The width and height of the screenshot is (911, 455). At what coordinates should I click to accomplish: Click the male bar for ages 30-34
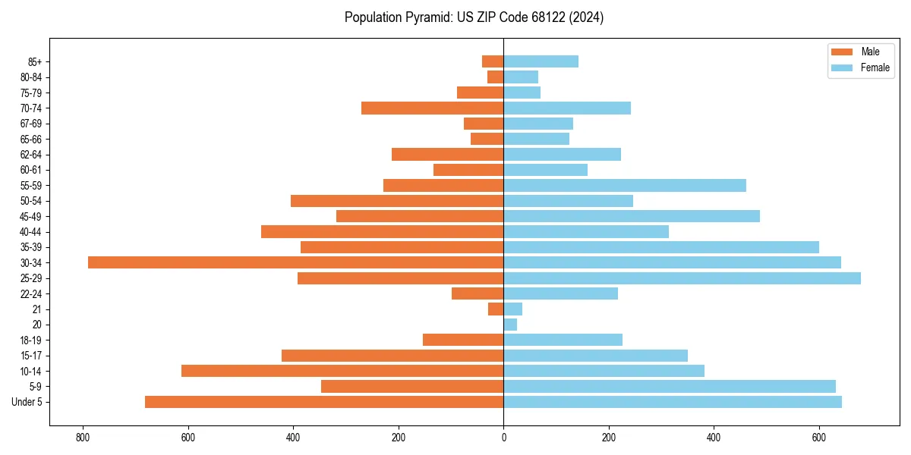click(295, 262)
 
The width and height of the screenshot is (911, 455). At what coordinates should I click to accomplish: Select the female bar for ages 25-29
click(682, 278)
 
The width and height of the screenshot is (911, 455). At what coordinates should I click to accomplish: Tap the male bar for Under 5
click(324, 402)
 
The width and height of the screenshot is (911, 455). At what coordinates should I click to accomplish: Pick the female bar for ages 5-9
click(670, 386)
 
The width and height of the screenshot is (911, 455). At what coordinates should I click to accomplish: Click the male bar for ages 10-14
click(342, 371)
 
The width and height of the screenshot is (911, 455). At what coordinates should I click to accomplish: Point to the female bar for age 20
click(510, 325)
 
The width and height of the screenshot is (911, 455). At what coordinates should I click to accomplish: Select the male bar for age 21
click(496, 309)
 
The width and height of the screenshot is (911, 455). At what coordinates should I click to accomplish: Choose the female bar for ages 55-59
click(625, 185)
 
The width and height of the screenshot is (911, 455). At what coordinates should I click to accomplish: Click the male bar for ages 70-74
click(432, 108)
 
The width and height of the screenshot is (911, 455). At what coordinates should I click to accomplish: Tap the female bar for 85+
click(541, 61)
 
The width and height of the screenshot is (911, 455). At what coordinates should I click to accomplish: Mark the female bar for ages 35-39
click(661, 247)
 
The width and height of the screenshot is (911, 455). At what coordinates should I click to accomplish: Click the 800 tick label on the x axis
click(83, 438)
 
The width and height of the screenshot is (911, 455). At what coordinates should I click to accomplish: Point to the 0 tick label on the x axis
click(503, 438)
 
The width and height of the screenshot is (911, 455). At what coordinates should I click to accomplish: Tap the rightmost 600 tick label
click(818, 438)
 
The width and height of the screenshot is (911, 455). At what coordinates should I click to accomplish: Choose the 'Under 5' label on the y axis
click(27, 402)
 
